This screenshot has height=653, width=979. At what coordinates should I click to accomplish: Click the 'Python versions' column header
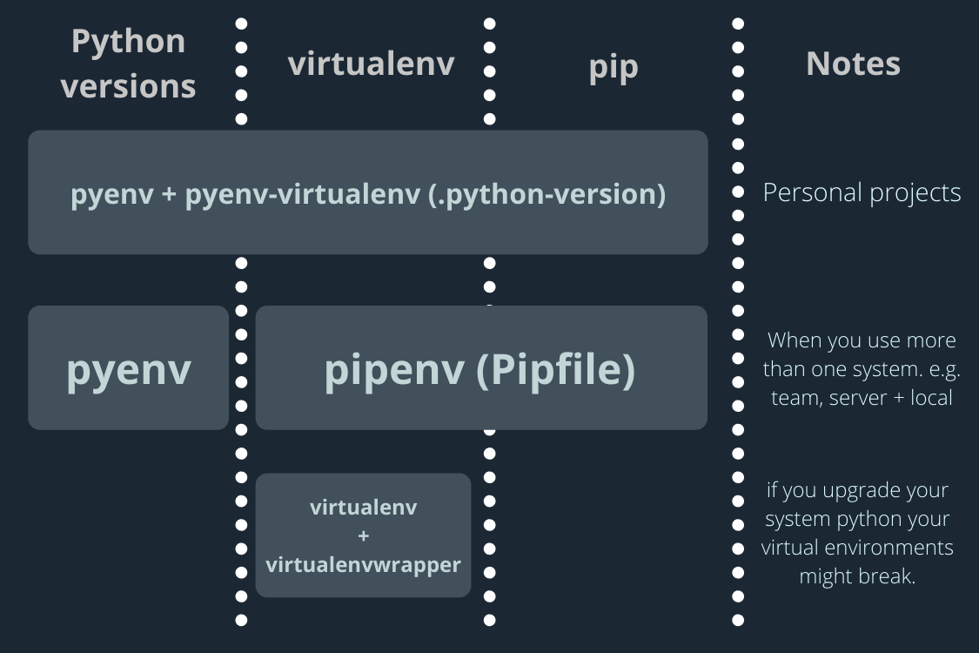point(129,64)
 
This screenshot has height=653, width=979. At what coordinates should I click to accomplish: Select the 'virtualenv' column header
point(371,63)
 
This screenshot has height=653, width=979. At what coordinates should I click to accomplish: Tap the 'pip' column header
point(614,66)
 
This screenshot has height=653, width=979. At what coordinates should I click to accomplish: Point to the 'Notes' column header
point(853,63)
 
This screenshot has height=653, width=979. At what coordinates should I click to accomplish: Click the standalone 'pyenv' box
point(129,368)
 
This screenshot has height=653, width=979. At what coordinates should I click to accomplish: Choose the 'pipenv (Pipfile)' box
point(480,368)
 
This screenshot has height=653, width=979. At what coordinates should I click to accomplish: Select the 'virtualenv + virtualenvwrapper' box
point(363,535)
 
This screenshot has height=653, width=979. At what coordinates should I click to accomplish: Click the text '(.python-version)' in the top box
point(547,193)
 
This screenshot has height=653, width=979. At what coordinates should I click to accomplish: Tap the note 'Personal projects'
point(862,192)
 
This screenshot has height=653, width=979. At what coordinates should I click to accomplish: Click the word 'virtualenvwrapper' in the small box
point(363,564)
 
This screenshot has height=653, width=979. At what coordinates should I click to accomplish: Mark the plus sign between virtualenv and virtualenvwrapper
point(363,535)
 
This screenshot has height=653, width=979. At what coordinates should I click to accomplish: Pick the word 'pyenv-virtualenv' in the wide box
point(304,193)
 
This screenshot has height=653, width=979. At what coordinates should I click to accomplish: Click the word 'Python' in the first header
point(129,41)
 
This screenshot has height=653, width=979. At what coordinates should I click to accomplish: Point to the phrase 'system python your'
point(856,519)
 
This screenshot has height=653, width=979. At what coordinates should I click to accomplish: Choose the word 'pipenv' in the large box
point(394,369)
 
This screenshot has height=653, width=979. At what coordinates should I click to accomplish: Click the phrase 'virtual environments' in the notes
point(857,548)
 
